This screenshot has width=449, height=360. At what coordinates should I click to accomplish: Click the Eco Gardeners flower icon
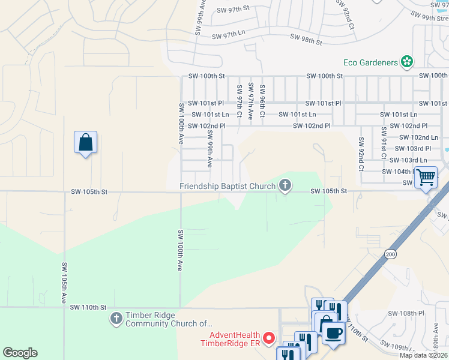point(407,62)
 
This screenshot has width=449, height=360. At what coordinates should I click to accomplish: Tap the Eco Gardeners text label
point(370,62)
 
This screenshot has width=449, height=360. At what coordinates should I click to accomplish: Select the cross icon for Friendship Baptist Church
point(285,186)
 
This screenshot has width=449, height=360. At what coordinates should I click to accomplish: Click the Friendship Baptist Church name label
point(228,186)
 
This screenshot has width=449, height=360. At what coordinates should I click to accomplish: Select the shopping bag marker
point(86,143)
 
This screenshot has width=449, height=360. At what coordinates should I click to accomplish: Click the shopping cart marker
point(426,178)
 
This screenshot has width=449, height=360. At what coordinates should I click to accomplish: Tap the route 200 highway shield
point(391,254)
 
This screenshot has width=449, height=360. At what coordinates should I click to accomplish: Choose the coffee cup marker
point(334,332)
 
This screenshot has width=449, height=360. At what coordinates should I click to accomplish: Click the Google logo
point(20,353)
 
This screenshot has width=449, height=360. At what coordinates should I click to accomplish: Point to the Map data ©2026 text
point(424,355)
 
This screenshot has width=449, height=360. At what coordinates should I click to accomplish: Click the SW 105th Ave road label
point(64,282)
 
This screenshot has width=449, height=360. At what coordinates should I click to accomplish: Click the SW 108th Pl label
point(406,313)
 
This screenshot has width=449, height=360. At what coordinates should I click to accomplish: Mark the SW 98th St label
point(307,40)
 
